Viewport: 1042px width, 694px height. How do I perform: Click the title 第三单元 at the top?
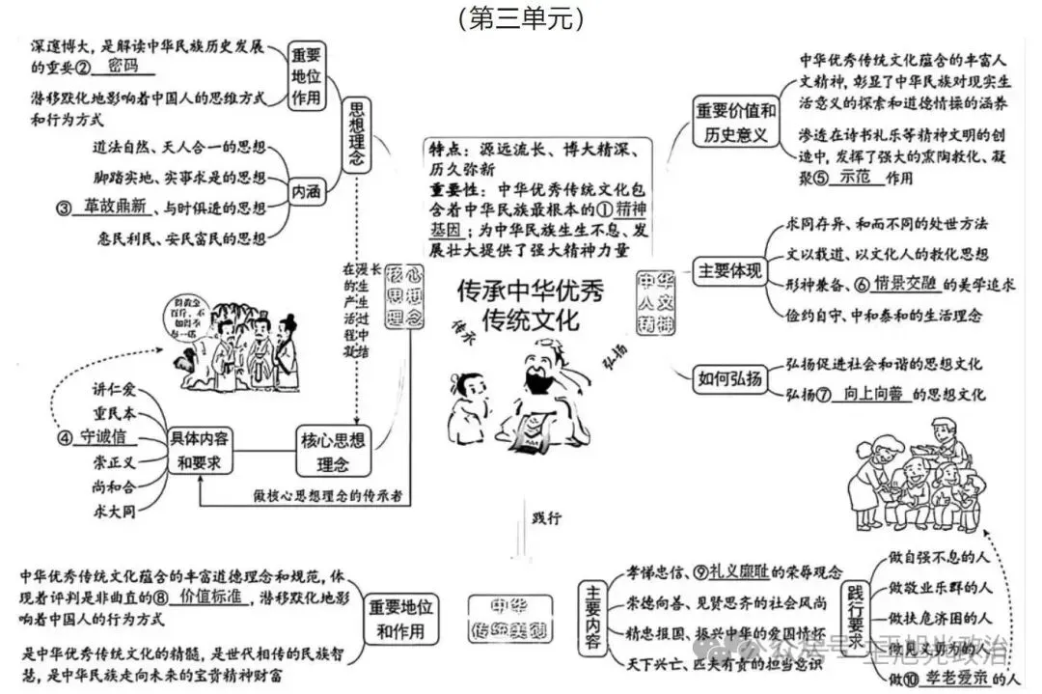point(520,17)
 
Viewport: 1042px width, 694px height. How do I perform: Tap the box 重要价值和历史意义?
point(736,122)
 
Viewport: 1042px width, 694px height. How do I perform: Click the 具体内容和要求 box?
point(200,450)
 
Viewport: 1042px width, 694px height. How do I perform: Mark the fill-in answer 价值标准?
point(210,596)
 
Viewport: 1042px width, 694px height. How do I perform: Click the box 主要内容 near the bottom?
point(591,612)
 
